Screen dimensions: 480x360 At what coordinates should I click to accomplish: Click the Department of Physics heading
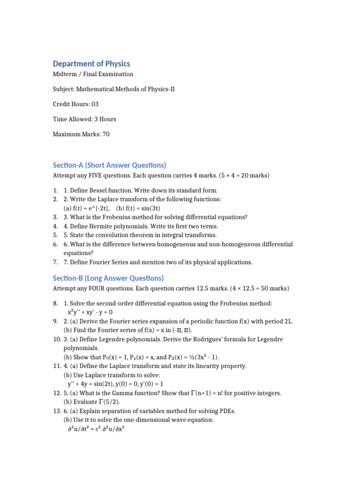point(91,64)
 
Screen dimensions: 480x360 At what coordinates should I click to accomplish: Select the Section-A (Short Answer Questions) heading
point(110,165)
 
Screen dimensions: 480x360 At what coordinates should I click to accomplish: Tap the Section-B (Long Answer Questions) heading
point(108,278)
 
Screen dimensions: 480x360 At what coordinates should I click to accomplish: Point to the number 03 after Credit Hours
point(95,104)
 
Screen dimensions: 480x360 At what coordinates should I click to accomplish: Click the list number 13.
point(57,411)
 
